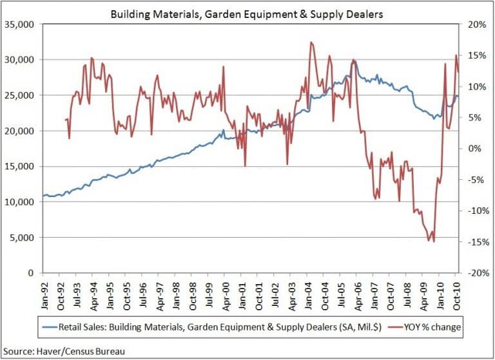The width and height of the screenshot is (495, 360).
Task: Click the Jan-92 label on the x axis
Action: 44,293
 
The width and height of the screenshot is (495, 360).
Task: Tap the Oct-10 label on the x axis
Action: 455,293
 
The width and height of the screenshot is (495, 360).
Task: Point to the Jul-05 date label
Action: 340,293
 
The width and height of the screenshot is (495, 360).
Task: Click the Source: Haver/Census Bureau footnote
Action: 64,351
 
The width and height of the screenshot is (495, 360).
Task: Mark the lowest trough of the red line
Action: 434,242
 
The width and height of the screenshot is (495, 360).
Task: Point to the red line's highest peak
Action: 311,43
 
